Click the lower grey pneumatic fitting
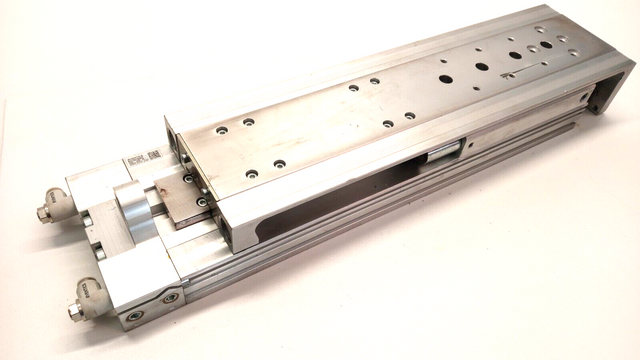click(82, 306)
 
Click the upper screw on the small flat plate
click(187, 179)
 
